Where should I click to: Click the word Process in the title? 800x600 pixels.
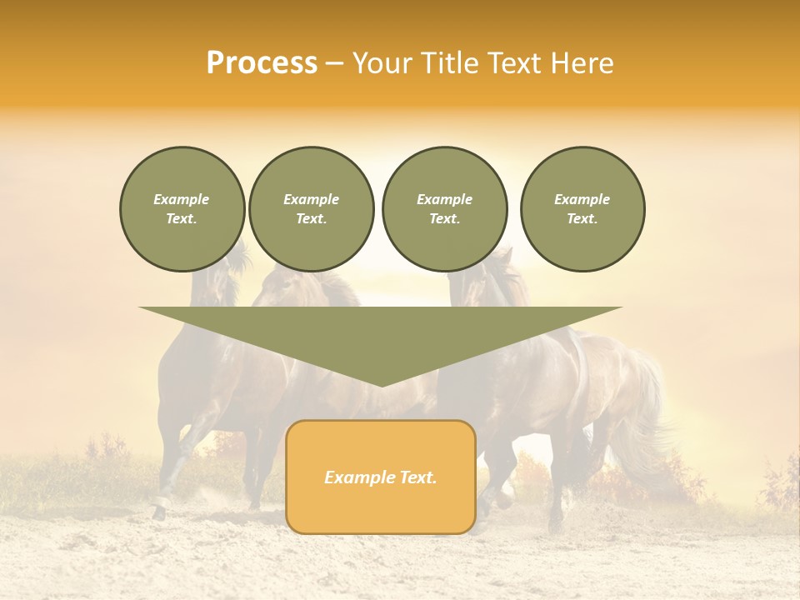click(262, 63)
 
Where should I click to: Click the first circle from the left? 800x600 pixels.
click(182, 209)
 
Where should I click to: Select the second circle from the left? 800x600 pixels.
click(312, 209)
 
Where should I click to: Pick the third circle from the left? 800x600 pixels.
click(445, 209)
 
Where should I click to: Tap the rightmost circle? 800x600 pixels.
click(582, 209)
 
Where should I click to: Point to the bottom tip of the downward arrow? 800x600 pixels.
click(381, 386)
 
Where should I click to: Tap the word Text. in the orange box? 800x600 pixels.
click(417, 477)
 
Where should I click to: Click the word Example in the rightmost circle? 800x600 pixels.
click(582, 199)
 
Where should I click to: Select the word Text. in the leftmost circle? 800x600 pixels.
click(182, 219)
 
